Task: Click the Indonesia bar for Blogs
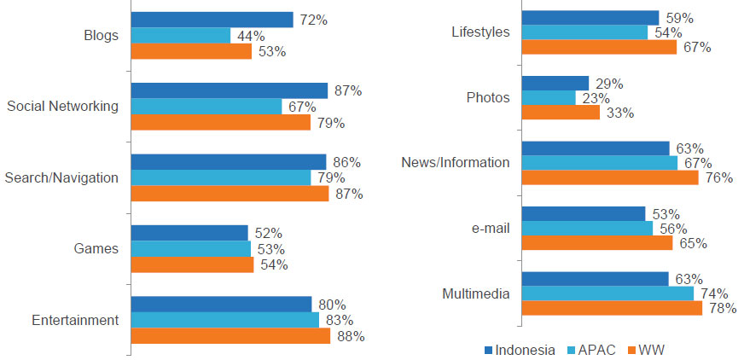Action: (x=212, y=20)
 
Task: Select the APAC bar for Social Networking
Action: (x=206, y=107)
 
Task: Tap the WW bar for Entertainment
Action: (x=230, y=336)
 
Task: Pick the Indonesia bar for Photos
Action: (x=555, y=84)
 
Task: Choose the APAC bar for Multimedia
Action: (x=607, y=294)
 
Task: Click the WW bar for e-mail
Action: (x=596, y=243)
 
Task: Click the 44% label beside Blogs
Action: (x=251, y=36)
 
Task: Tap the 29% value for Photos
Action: (x=609, y=84)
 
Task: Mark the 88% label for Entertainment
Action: (x=351, y=336)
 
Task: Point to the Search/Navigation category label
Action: (x=61, y=177)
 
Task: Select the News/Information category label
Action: (x=455, y=162)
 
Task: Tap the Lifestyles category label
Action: (x=480, y=32)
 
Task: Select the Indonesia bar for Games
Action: (x=189, y=233)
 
